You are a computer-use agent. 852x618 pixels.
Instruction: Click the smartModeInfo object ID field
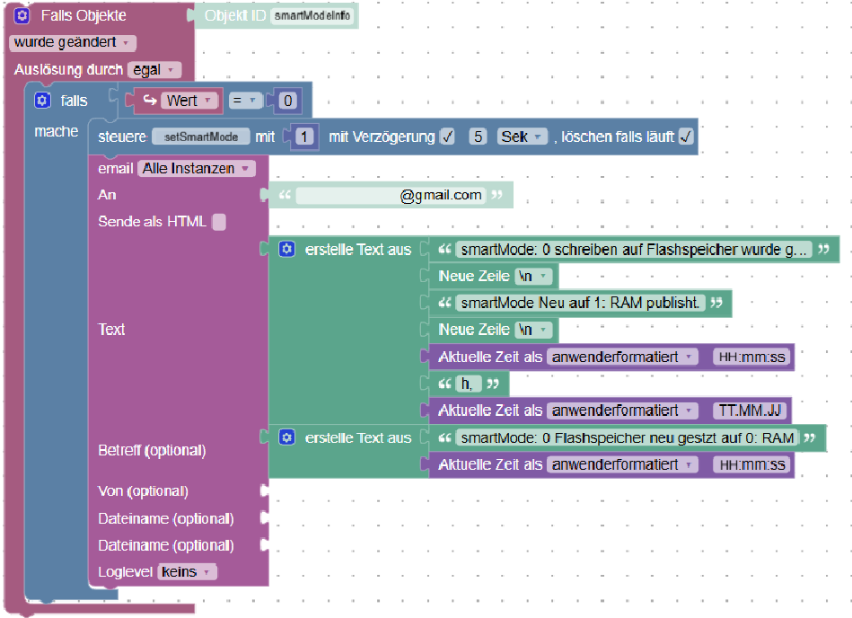coord(312,16)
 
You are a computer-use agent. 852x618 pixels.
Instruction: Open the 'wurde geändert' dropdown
coord(73,42)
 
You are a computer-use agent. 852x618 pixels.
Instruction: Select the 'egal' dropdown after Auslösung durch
coord(154,69)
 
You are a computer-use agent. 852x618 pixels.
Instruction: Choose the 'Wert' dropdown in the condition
coord(189,101)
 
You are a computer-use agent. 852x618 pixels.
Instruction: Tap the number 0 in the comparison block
coord(287,101)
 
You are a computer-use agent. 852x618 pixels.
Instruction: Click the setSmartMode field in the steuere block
coord(201,137)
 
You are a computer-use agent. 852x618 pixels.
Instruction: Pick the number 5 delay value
coord(479,137)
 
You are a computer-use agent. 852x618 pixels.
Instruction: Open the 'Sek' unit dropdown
coord(523,137)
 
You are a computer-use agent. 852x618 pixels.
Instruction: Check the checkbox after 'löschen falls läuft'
coord(686,137)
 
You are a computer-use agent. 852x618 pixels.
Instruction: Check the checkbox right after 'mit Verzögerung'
coord(447,137)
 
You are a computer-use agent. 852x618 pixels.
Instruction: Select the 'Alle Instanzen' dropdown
coord(196,168)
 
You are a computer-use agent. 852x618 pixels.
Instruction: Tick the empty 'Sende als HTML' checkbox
coord(219,222)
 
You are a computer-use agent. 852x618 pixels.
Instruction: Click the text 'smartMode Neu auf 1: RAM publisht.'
coord(580,303)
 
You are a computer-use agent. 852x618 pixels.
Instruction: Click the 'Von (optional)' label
coord(143,491)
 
